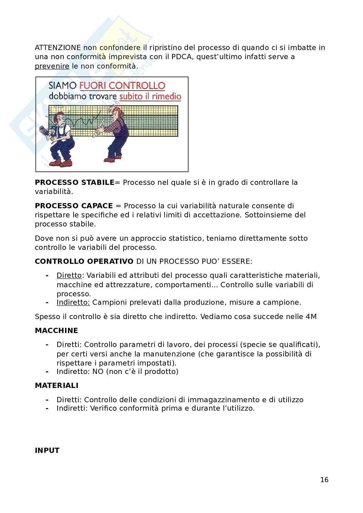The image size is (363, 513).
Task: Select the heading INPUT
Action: (x=47, y=451)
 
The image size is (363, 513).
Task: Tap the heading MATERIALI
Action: (x=57, y=386)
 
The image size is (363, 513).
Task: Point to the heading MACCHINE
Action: (x=57, y=331)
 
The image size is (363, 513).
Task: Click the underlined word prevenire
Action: (x=52, y=66)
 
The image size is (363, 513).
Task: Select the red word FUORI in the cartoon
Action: (x=93, y=86)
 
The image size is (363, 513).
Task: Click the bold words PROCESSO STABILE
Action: (x=74, y=183)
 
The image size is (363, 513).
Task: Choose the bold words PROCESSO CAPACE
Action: (x=74, y=206)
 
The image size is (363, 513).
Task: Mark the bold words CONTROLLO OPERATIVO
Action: (x=84, y=262)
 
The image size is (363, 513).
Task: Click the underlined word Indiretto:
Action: (x=73, y=302)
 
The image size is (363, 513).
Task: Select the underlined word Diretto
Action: (x=69, y=276)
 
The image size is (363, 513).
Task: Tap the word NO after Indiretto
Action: (x=98, y=372)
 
